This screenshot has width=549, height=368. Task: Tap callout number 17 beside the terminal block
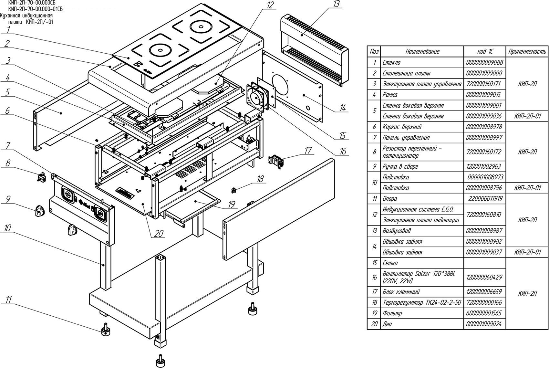[x=308, y=150]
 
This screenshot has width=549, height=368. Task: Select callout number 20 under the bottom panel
[x=159, y=233]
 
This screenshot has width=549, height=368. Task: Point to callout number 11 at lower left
[x=9, y=300]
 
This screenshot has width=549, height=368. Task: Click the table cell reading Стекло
[x=391, y=63]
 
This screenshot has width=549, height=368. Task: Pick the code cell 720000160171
[x=484, y=84]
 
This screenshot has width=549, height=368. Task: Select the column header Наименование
[x=422, y=51]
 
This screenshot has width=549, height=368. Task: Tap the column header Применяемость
[x=527, y=51]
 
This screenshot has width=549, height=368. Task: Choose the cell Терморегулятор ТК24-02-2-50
[x=422, y=302]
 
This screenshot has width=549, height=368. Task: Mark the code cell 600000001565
[x=484, y=313]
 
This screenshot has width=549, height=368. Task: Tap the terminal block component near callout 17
[x=276, y=161]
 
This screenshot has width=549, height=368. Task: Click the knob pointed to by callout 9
[x=39, y=211]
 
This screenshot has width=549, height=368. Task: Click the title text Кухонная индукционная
[x=26, y=16]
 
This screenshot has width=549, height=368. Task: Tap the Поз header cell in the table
[x=374, y=51]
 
